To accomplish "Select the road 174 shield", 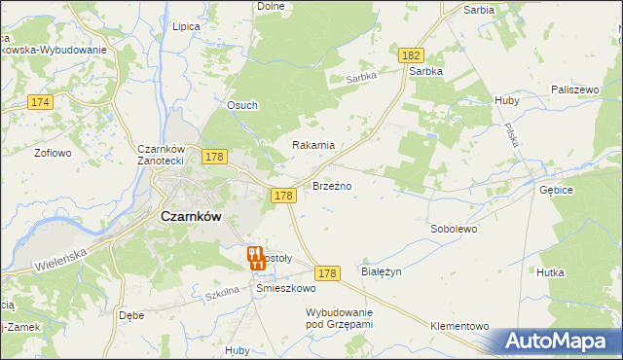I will point(40,102).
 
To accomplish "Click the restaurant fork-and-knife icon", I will point(254,258).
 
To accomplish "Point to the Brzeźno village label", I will point(331,185).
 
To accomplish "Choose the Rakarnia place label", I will point(314,145).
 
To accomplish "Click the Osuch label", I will point(242,106).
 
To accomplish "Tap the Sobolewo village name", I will point(454,230).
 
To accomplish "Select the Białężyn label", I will point(381,272).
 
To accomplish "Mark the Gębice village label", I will point(558,191).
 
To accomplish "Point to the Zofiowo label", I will point(54,153).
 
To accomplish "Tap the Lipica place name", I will point(185,27).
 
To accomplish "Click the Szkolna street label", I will point(221,296).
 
